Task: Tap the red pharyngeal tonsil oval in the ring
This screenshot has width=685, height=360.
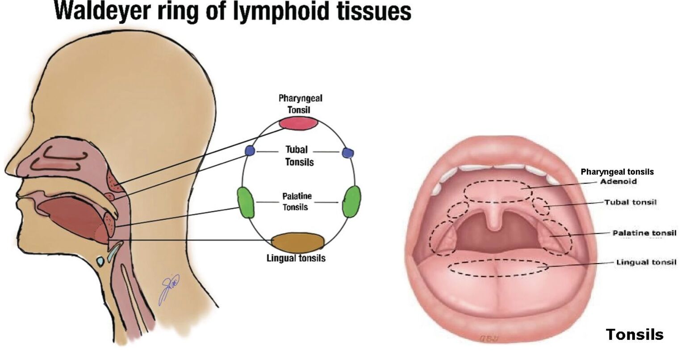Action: (x=298, y=123)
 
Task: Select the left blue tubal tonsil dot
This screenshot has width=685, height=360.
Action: (x=250, y=151)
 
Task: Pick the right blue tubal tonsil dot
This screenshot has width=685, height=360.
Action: (x=348, y=152)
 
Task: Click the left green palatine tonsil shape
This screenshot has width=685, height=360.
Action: (x=246, y=202)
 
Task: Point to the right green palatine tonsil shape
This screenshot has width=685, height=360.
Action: (x=351, y=201)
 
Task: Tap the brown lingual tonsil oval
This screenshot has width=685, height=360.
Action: (x=298, y=243)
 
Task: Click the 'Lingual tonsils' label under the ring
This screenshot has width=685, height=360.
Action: (x=296, y=259)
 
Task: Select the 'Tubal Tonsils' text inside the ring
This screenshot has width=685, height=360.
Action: (x=299, y=156)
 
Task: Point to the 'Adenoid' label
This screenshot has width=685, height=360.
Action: (x=618, y=181)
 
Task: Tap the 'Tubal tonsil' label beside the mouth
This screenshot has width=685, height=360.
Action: (x=631, y=202)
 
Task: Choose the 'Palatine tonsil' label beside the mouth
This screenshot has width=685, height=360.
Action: (x=644, y=233)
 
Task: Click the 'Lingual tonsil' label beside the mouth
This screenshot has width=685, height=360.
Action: (x=646, y=262)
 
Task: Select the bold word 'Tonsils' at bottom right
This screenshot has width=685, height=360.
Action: (x=635, y=334)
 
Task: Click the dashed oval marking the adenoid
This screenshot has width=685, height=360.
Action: (x=498, y=180)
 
